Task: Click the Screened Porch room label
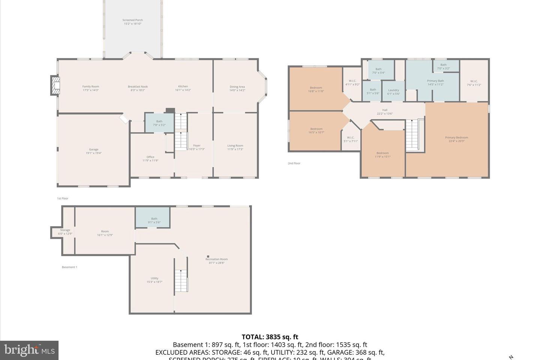(x=132, y=22)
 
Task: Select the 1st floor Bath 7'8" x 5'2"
(x=159, y=123)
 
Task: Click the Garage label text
(x=93, y=150)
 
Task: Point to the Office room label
(x=150, y=157)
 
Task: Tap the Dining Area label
(x=237, y=87)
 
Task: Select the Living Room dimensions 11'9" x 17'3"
(x=235, y=149)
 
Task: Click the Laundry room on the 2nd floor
(x=393, y=91)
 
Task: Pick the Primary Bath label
(x=435, y=81)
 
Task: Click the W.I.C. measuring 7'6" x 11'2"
(x=474, y=83)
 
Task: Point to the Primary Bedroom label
(x=456, y=138)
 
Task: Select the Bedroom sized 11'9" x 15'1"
(x=382, y=154)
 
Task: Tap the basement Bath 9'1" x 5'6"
(x=154, y=220)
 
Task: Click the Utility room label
(x=154, y=278)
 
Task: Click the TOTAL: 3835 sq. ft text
(x=270, y=337)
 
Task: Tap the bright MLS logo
(x=29, y=350)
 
